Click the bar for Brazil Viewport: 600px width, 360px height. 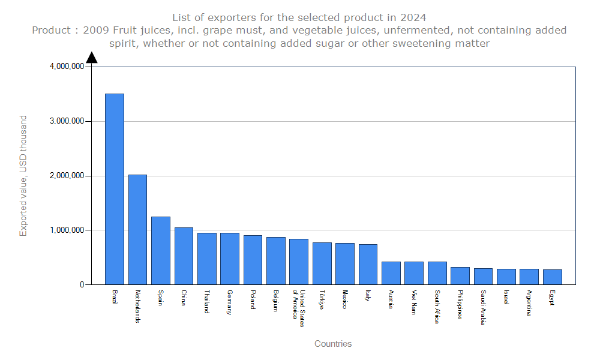pos(115,189)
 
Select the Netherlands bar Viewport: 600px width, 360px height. pos(137,230)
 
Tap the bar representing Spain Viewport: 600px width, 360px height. pos(160,251)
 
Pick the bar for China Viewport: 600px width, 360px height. pos(184,256)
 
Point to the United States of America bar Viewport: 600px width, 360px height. pos(299,262)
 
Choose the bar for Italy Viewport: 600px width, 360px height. pos(368,265)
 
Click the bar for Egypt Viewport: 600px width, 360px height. pos(552,277)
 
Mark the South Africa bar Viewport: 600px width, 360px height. pos(437,273)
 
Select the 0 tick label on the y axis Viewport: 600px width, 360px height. pos(82,285)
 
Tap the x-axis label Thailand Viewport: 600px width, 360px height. pos(206,302)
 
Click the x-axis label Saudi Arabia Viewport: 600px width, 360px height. pos(483,308)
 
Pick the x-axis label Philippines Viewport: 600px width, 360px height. pos(460,305)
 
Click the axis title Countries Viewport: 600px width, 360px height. pos(333,344)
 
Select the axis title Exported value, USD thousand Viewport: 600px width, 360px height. pos(23,176)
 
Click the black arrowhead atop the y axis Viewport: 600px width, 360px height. pos(92,58)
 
